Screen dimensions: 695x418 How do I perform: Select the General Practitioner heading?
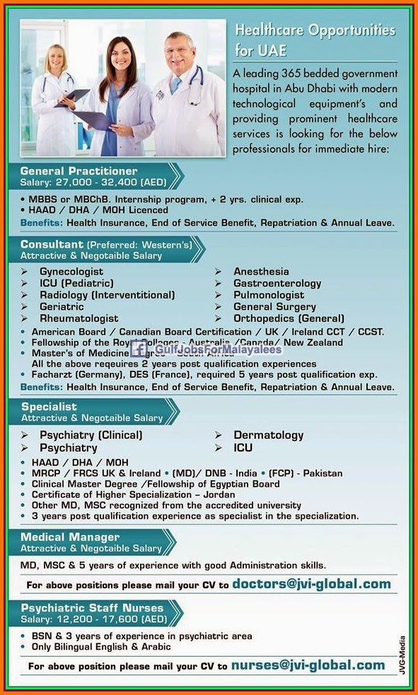click(79, 171)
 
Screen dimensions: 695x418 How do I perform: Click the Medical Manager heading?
click(70, 537)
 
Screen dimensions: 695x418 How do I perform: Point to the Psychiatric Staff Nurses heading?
click(92, 608)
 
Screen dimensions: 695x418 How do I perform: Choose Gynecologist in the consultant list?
click(71, 272)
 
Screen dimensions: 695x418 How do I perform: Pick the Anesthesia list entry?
click(261, 272)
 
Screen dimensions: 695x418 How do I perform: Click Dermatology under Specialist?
click(269, 435)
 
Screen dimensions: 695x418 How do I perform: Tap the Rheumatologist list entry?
click(79, 318)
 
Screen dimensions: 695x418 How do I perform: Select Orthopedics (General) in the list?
click(289, 318)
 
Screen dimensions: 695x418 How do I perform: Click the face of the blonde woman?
click(55, 59)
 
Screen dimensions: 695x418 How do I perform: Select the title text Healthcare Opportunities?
click(315, 31)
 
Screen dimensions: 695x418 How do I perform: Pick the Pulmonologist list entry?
click(269, 295)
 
